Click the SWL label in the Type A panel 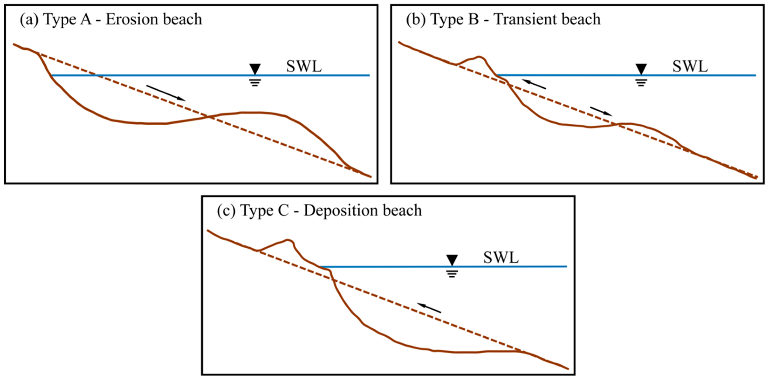[x=304, y=66]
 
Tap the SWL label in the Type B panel [x=690, y=66]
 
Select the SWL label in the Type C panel [x=501, y=258]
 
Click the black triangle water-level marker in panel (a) [x=255, y=68]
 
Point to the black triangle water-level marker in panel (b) [x=641, y=68]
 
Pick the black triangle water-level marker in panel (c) [x=452, y=259]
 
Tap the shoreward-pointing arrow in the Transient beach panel [x=534, y=84]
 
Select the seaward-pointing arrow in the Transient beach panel [x=601, y=111]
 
